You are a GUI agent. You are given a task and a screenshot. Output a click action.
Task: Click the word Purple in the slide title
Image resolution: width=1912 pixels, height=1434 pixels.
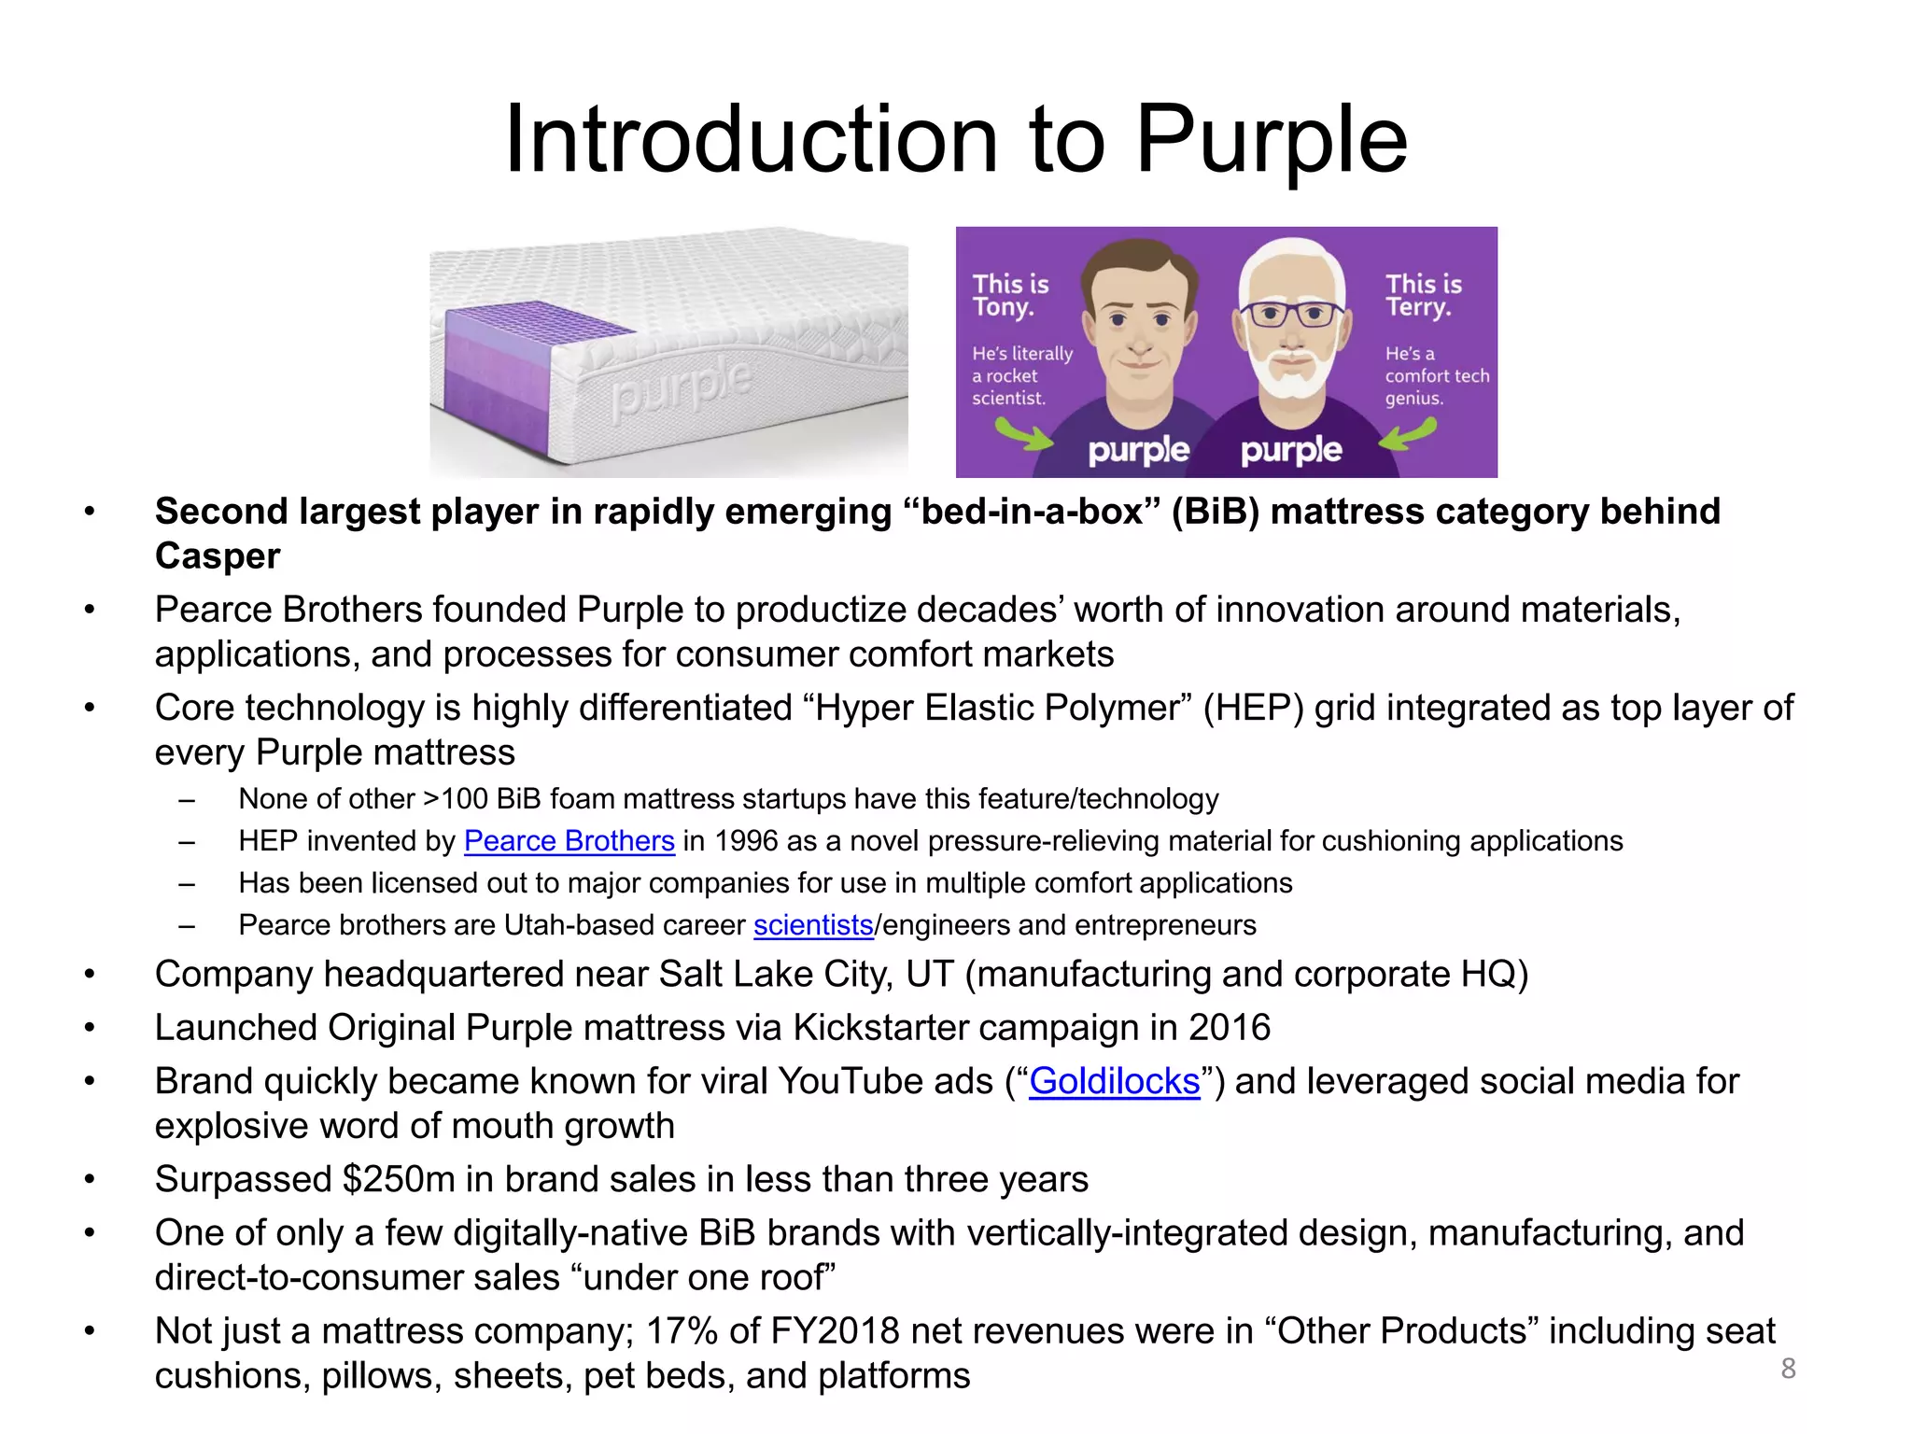[1271, 140]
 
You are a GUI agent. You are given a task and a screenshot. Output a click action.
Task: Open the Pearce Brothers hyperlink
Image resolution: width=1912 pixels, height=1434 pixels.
[569, 841]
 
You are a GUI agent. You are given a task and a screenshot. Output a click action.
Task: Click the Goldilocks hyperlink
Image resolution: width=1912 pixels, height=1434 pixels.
[1114, 1081]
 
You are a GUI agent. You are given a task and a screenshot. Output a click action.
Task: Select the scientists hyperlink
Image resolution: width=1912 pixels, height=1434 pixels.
[813, 925]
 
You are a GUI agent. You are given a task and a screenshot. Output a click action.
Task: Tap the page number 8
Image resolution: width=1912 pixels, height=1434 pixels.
[1788, 1368]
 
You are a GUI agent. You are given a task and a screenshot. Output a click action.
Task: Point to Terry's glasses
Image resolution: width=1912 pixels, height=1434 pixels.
[1292, 313]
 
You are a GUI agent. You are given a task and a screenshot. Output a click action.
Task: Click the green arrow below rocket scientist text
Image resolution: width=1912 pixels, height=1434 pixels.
[1023, 434]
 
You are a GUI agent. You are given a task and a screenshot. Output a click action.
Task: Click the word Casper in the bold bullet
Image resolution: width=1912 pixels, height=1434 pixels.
[218, 556]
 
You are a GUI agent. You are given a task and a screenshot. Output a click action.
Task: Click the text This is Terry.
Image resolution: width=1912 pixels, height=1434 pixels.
[1422, 295]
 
